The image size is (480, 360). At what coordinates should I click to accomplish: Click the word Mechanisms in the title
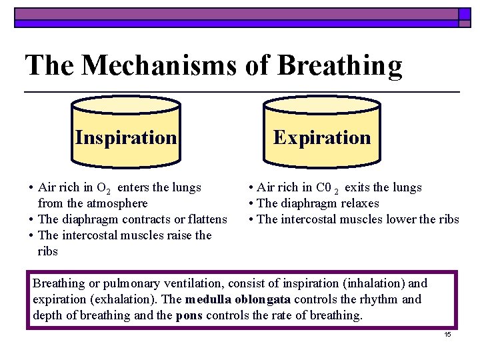(x=174, y=65)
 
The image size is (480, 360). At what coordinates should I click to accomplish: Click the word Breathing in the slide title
(x=339, y=65)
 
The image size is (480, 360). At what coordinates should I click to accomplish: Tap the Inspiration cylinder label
(x=126, y=137)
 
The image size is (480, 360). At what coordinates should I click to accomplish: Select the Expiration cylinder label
(x=322, y=137)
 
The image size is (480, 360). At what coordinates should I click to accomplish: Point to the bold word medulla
(x=209, y=299)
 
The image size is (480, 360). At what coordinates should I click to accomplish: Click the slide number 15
(x=447, y=334)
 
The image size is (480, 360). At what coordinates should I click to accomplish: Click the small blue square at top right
(x=465, y=13)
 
